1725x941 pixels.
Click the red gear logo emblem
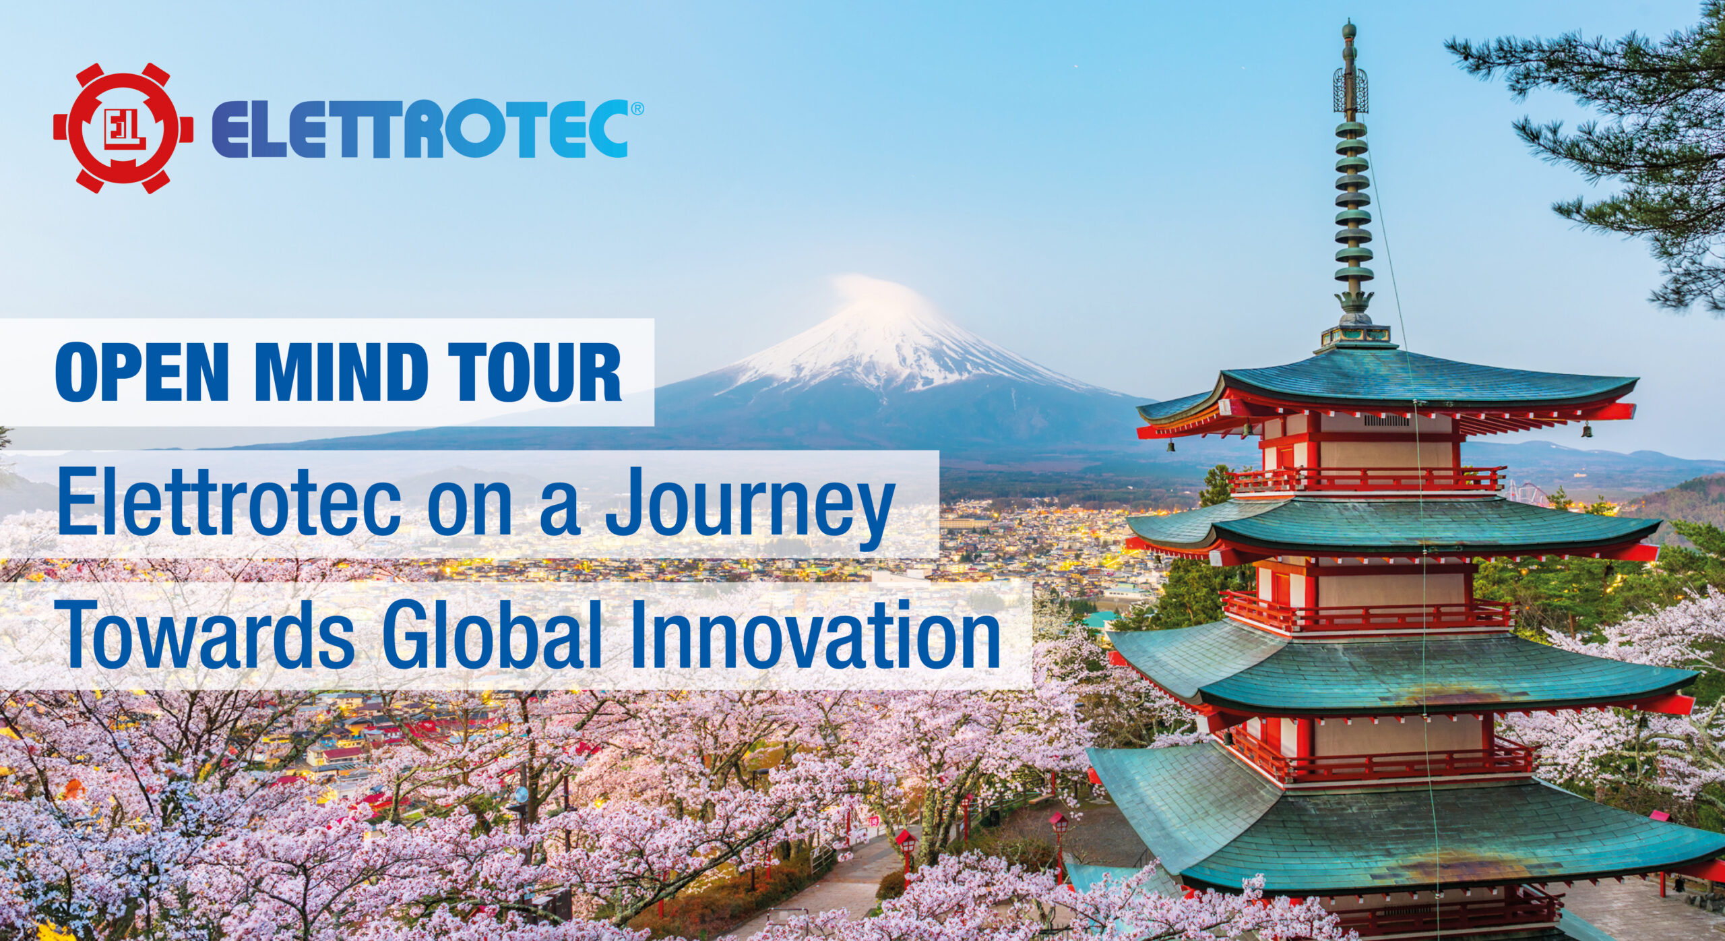tap(123, 128)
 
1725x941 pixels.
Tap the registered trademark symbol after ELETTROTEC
tap(637, 107)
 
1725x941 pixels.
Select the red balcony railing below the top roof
tap(1365, 480)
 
